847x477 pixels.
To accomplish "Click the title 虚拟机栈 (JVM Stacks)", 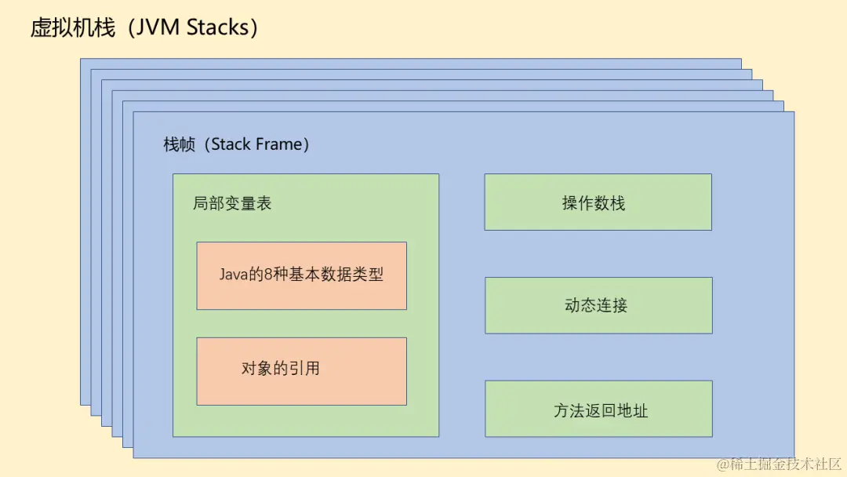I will coord(144,28).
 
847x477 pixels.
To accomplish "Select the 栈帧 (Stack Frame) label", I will coord(236,144).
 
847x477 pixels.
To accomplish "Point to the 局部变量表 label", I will coord(232,204).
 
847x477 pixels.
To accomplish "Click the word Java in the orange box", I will coord(234,275).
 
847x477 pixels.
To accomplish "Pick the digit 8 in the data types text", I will coord(269,275).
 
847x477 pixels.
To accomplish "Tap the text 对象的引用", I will coord(281,368).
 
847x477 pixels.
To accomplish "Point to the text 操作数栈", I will coord(594,203).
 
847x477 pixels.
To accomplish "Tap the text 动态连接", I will coord(596,305).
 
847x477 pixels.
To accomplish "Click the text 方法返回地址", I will coord(601,410).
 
